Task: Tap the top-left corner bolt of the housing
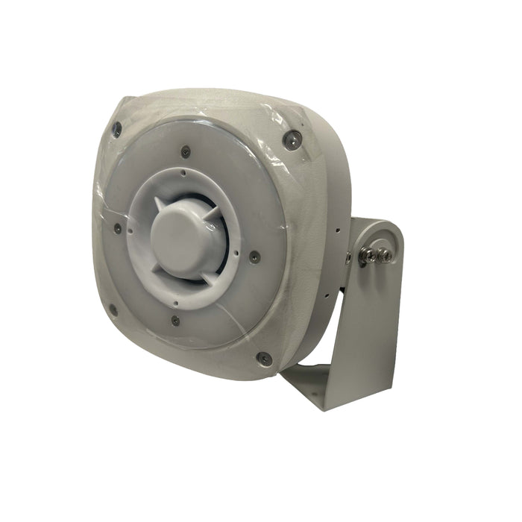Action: (x=116, y=128)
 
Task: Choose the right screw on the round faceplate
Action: (x=254, y=256)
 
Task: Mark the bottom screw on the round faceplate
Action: (x=175, y=321)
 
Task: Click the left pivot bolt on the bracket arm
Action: (x=366, y=256)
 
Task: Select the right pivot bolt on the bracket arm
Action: (x=386, y=256)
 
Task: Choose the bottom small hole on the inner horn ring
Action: (x=173, y=304)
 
